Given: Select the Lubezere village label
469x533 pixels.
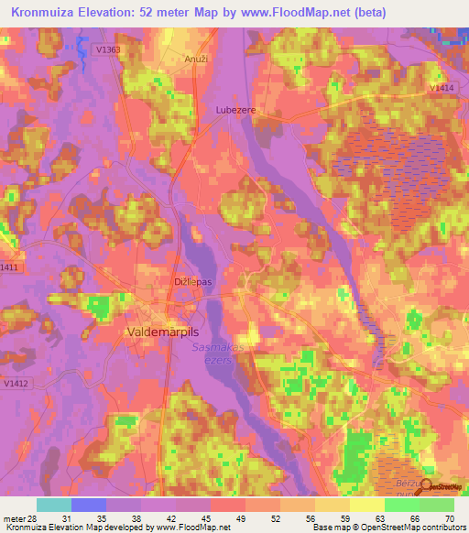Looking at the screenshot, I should tap(233, 109).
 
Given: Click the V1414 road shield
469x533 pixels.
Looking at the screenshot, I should tap(442, 88).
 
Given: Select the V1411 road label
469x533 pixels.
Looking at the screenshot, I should tap(9, 266).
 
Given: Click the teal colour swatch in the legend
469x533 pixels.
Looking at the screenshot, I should tap(53, 505).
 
